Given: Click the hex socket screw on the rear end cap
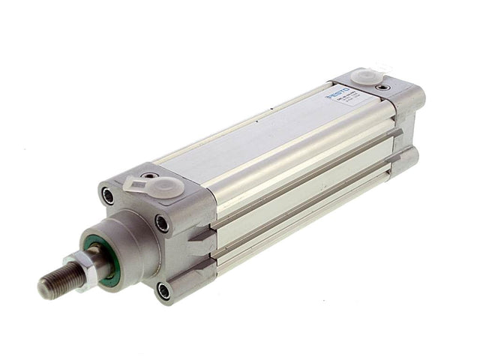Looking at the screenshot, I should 384,87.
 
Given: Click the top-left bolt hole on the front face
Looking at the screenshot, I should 109,196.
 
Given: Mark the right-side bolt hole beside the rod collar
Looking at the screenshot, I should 162,223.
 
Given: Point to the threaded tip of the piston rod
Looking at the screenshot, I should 51,283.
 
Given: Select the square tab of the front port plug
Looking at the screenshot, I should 136,181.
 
